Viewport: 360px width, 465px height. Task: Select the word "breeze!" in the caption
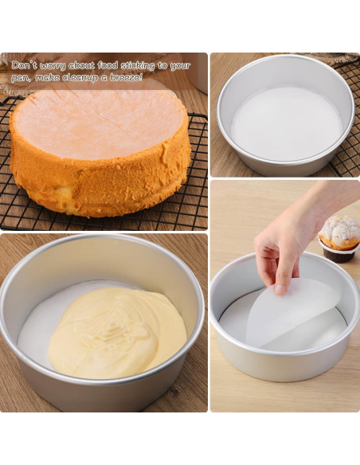(x=127, y=77)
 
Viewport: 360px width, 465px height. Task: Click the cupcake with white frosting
(x=339, y=232)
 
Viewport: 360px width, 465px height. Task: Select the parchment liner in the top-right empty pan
(x=285, y=123)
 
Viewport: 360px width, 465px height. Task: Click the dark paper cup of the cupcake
(x=338, y=254)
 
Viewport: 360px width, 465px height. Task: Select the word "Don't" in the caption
(x=25, y=64)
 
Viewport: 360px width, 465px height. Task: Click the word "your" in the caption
(x=180, y=65)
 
